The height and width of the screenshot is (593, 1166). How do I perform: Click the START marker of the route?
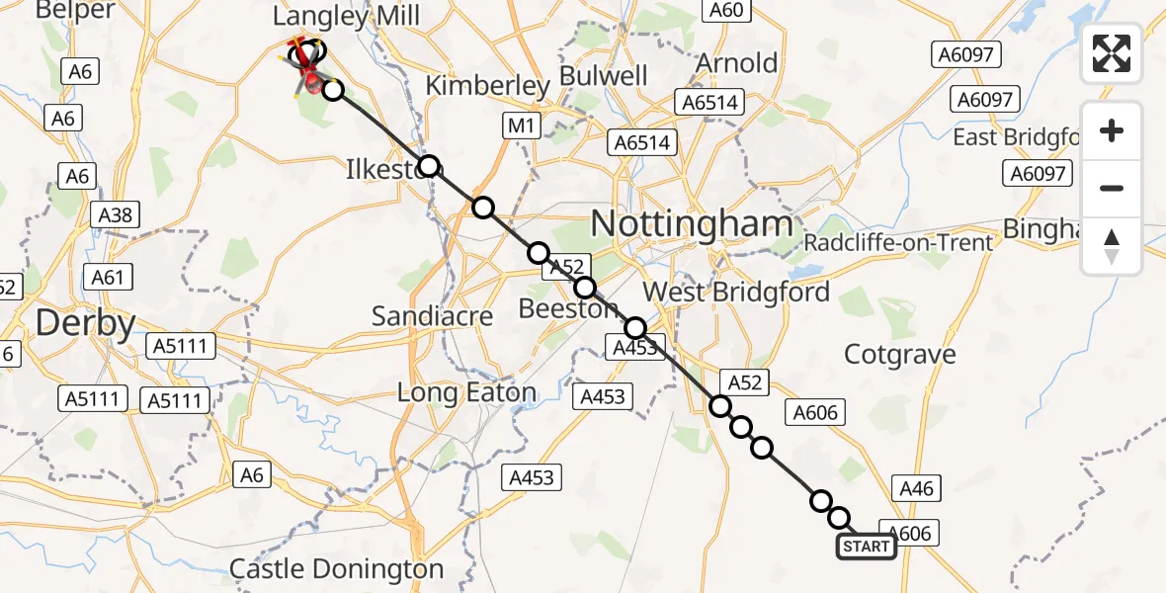pyautogui.click(x=867, y=547)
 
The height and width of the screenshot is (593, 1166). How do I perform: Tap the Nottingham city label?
pyautogui.click(x=692, y=224)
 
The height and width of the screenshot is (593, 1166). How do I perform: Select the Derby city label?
pyautogui.click(x=85, y=324)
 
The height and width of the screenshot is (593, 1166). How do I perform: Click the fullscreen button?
pyautogui.click(x=1112, y=53)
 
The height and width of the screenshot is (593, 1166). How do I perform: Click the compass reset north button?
pyautogui.click(x=1112, y=246)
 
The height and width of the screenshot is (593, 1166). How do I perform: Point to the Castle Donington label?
pyautogui.click(x=336, y=569)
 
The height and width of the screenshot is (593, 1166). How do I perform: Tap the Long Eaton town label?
pyautogui.click(x=466, y=392)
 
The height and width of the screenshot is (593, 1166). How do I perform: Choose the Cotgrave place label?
pyautogui.click(x=900, y=354)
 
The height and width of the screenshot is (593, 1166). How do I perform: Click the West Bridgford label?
pyautogui.click(x=737, y=293)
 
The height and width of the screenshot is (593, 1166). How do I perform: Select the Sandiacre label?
pyautogui.click(x=433, y=316)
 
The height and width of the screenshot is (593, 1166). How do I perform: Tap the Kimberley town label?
pyautogui.click(x=487, y=86)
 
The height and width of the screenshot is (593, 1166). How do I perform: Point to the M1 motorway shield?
pyautogui.click(x=521, y=126)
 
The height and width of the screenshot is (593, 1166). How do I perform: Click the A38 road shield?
pyautogui.click(x=116, y=213)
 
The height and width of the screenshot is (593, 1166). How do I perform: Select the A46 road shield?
pyautogui.click(x=915, y=487)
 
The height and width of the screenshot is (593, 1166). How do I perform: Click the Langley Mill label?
pyautogui.click(x=346, y=16)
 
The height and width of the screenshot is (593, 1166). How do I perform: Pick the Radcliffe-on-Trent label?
pyautogui.click(x=898, y=243)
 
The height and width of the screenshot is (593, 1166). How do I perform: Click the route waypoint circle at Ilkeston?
pyautogui.click(x=428, y=165)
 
